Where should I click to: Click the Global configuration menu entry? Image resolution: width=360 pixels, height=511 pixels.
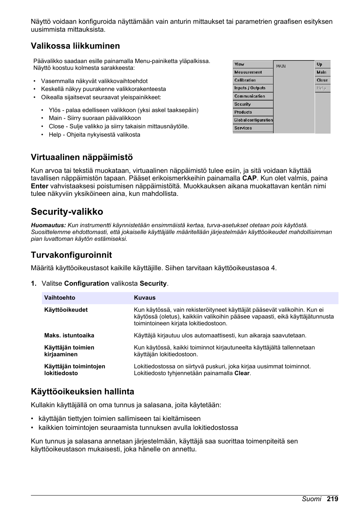[253, 120]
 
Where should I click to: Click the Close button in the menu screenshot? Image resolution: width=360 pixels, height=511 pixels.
[322, 80]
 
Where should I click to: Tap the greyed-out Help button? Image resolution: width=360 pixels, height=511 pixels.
[322, 88]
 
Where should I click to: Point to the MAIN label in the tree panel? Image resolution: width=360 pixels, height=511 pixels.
[281, 66]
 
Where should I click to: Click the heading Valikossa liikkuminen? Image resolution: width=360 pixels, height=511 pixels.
[75, 46]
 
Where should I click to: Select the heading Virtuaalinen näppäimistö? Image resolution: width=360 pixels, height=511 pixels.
[82, 157]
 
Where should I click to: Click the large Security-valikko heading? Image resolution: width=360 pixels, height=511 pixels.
[67, 212]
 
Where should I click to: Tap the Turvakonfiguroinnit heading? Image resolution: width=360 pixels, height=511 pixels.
[71, 255]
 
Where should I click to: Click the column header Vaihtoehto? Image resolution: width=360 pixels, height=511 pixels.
[60, 298]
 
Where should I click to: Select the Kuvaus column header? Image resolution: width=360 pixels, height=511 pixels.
[145, 298]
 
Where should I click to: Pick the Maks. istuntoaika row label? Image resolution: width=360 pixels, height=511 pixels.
[69, 336]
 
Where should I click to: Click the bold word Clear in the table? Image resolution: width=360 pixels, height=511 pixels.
[242, 373]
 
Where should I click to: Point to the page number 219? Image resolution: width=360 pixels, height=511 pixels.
[332, 499]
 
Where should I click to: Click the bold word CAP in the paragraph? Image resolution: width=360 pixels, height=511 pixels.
[249, 178]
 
